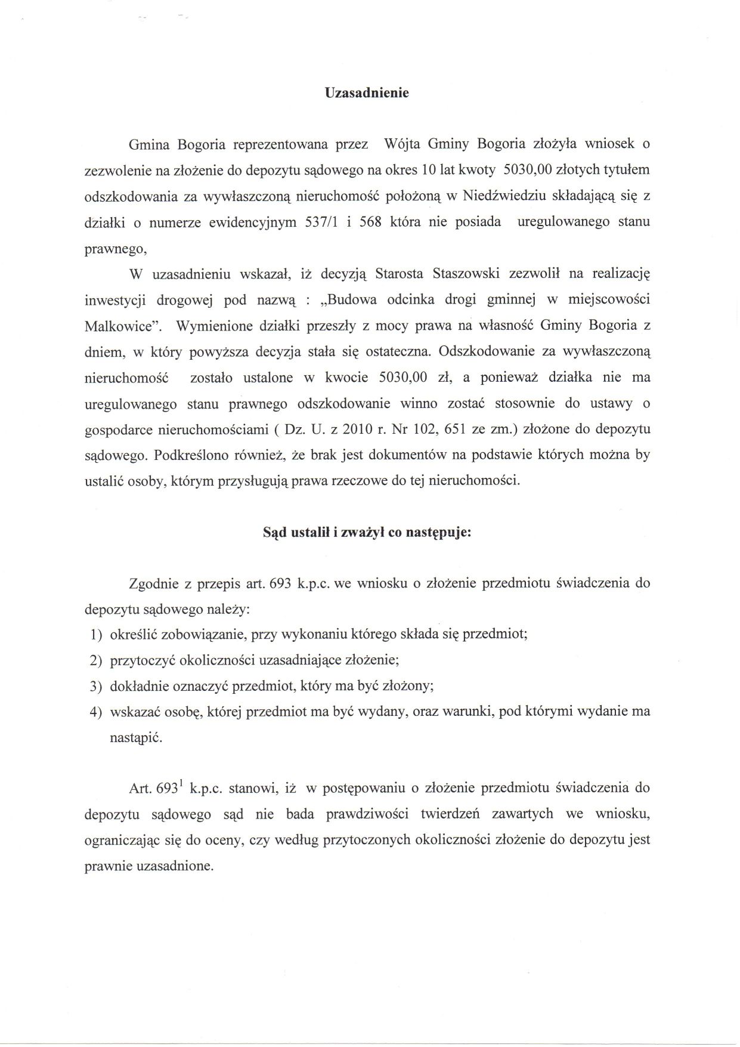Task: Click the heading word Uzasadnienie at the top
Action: click(x=366, y=93)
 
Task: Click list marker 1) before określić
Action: click(x=95, y=634)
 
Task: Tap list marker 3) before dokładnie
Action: click(x=95, y=686)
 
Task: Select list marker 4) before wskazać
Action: click(x=95, y=712)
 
